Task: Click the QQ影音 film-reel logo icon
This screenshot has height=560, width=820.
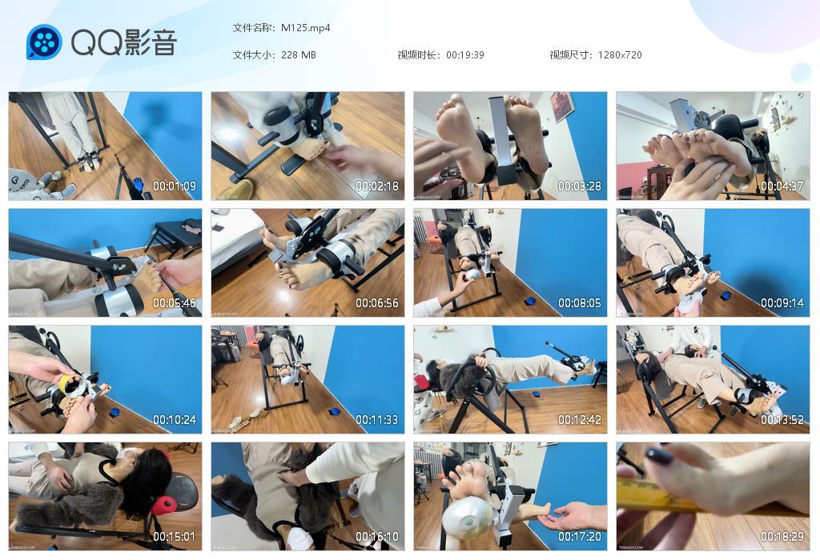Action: (44, 42)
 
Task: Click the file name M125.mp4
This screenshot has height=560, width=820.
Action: (305, 27)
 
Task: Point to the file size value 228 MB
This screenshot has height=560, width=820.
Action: (299, 55)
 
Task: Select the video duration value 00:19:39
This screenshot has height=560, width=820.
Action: (465, 55)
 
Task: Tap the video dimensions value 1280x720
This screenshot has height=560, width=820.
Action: (620, 55)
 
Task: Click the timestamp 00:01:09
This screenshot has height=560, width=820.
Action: (175, 186)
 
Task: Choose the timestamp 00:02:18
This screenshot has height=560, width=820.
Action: (377, 186)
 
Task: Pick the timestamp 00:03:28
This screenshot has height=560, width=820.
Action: (580, 186)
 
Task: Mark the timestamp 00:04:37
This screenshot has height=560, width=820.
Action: (782, 186)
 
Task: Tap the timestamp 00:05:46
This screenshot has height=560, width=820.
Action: (175, 303)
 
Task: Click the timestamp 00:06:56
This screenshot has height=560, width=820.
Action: (377, 303)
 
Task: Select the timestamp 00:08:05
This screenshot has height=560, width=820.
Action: (580, 303)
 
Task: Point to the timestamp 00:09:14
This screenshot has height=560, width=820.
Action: (782, 303)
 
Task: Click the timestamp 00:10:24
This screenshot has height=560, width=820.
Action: (175, 420)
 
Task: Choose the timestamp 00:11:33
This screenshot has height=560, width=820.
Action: (377, 420)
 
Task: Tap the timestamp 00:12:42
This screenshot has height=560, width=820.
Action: (580, 420)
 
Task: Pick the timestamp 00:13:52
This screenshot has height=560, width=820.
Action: (782, 420)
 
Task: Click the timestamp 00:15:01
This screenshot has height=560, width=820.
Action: (175, 537)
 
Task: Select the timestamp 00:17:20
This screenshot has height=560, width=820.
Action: (580, 537)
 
